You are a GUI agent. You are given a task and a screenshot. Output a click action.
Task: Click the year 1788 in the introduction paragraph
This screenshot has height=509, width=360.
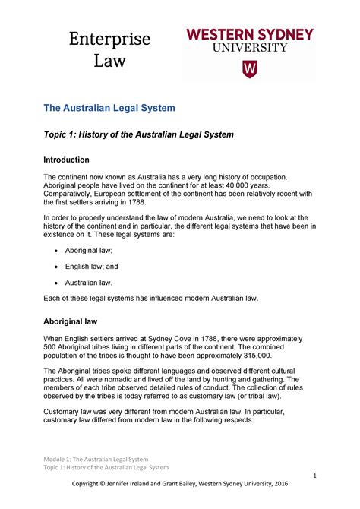click(x=186, y=204)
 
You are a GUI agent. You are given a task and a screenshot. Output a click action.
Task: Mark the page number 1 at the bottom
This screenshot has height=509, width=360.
click(x=313, y=476)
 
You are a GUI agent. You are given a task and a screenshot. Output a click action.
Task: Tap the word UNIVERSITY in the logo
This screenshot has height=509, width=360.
click(x=249, y=47)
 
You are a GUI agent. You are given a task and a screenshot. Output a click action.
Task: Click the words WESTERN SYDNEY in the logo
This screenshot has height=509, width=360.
click(x=250, y=34)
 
